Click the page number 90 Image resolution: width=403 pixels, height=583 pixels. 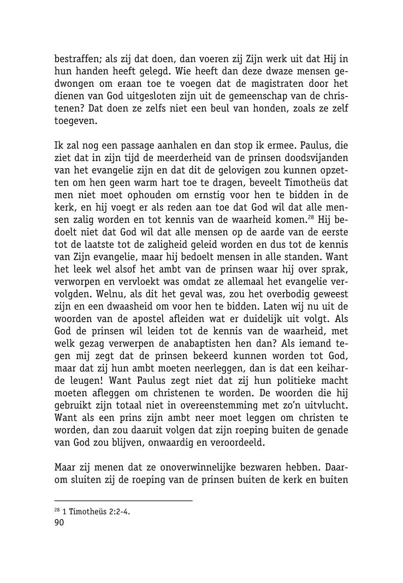[x=60, y=523]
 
